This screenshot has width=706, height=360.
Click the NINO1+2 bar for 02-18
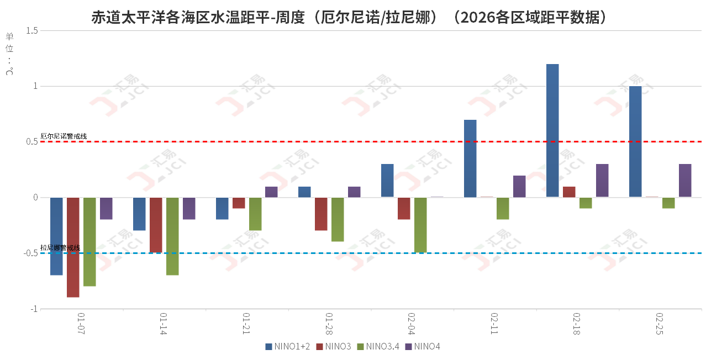552,130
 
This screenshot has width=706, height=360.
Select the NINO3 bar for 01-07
73,247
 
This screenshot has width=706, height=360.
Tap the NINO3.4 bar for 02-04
420,225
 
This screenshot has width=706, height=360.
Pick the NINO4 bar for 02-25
685,180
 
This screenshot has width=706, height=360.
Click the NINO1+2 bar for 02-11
470,158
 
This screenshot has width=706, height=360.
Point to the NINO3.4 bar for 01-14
172,236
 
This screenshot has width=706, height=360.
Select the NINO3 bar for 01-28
321,214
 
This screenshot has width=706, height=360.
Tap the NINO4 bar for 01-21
271,192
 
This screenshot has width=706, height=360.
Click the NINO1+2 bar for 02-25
635,141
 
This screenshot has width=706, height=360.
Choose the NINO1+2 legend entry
288,347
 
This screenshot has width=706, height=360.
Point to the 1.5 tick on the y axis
31,30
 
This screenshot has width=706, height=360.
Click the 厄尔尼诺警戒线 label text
64,136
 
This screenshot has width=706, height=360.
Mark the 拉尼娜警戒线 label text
60,248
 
